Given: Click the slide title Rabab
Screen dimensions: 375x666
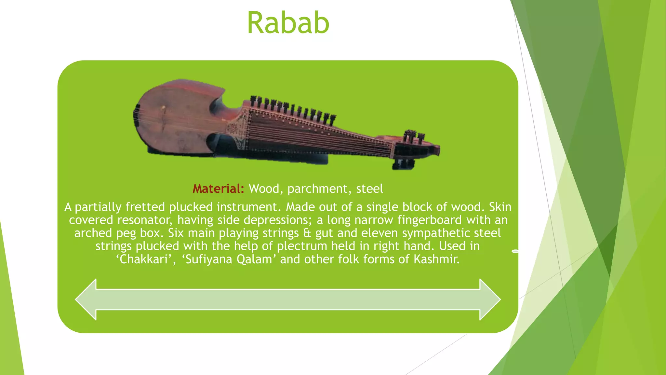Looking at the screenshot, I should tap(288, 23).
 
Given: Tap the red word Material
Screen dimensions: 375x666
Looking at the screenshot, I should tap(218, 189).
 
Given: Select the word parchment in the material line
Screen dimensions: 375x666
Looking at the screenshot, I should tap(317, 189).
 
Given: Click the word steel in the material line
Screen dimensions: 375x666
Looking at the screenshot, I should tap(369, 189).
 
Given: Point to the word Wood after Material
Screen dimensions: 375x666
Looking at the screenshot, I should tap(264, 189).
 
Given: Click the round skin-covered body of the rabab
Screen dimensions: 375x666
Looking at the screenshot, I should tap(172, 120).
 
